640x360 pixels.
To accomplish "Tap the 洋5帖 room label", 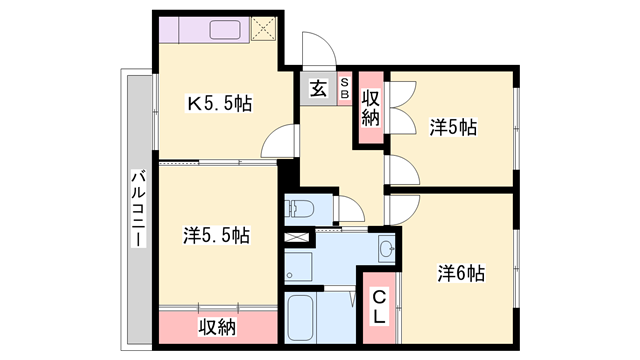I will click(453, 127).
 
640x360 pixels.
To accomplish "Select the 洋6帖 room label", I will click(461, 272).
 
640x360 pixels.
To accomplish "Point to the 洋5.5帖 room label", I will click(216, 236).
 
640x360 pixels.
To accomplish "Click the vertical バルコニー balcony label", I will click(138, 211).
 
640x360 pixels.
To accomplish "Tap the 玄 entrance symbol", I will click(316, 88).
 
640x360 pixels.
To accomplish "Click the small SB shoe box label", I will click(345, 87).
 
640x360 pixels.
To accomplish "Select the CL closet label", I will click(379, 308).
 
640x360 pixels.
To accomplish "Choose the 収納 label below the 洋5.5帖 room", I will click(216, 326).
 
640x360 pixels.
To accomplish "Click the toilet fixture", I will click(300, 209).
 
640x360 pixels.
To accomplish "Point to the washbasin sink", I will click(386, 248).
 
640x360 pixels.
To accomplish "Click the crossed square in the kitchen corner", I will click(264, 30).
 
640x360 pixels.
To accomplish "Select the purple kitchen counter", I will click(214, 29).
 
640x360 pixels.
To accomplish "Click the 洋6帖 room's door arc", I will click(402, 210).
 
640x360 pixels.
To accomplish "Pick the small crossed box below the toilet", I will click(298, 240).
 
